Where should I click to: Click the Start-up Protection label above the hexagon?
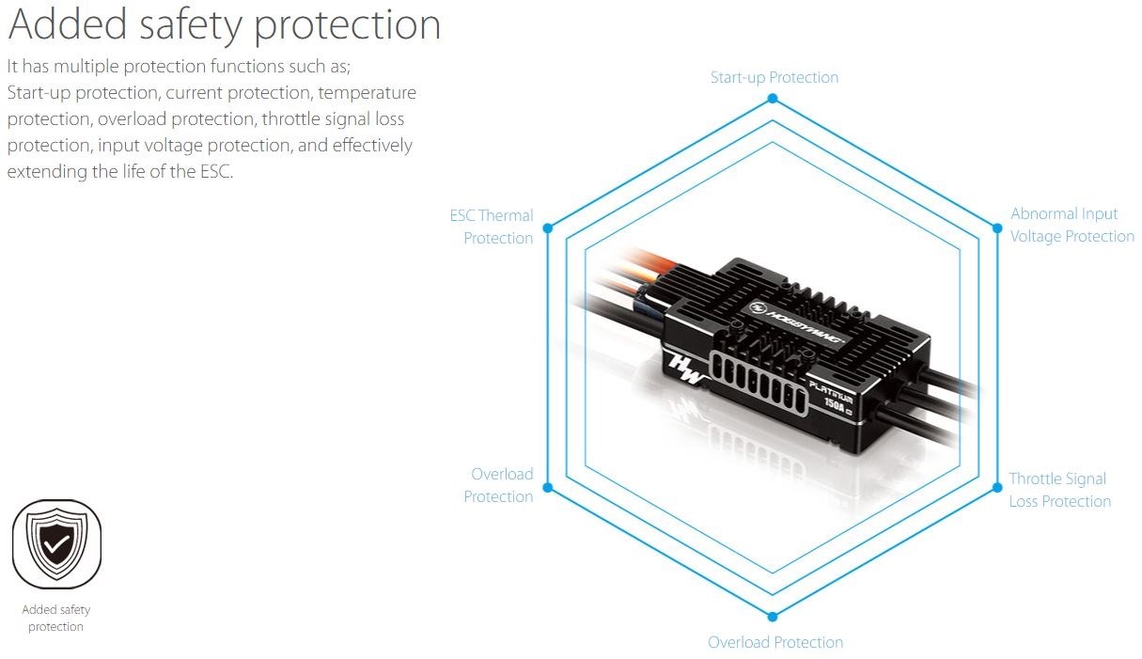tap(774, 77)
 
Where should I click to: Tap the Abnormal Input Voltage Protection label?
tap(1072, 226)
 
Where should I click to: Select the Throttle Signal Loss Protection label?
tap(1059, 490)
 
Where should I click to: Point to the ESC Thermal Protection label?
tap(492, 227)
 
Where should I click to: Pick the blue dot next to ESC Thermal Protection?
tap(549, 228)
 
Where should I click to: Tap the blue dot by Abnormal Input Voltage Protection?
tap(997, 227)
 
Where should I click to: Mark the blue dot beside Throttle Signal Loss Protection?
tap(997, 487)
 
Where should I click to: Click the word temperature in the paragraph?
tap(367, 93)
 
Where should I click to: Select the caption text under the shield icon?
tap(56, 618)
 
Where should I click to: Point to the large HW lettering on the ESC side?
tap(685, 369)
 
